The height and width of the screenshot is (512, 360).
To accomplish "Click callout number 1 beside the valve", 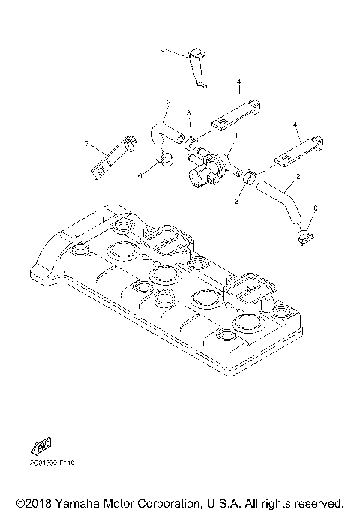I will point(235,136).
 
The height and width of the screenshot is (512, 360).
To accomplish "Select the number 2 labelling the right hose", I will point(298,177).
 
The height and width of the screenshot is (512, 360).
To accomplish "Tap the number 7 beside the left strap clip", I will point(87,142).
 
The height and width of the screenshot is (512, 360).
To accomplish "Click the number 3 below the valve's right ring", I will point(238,202).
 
